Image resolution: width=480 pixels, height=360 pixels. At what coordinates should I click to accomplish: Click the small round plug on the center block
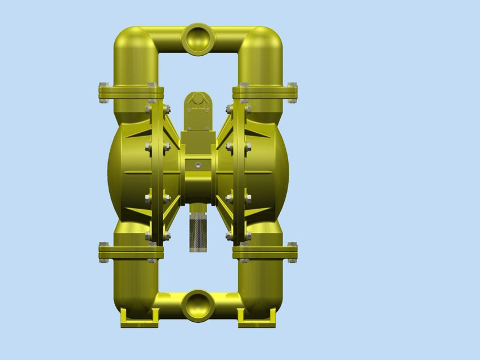coord(198,165)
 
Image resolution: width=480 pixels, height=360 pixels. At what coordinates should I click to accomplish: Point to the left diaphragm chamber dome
coord(127,169)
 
